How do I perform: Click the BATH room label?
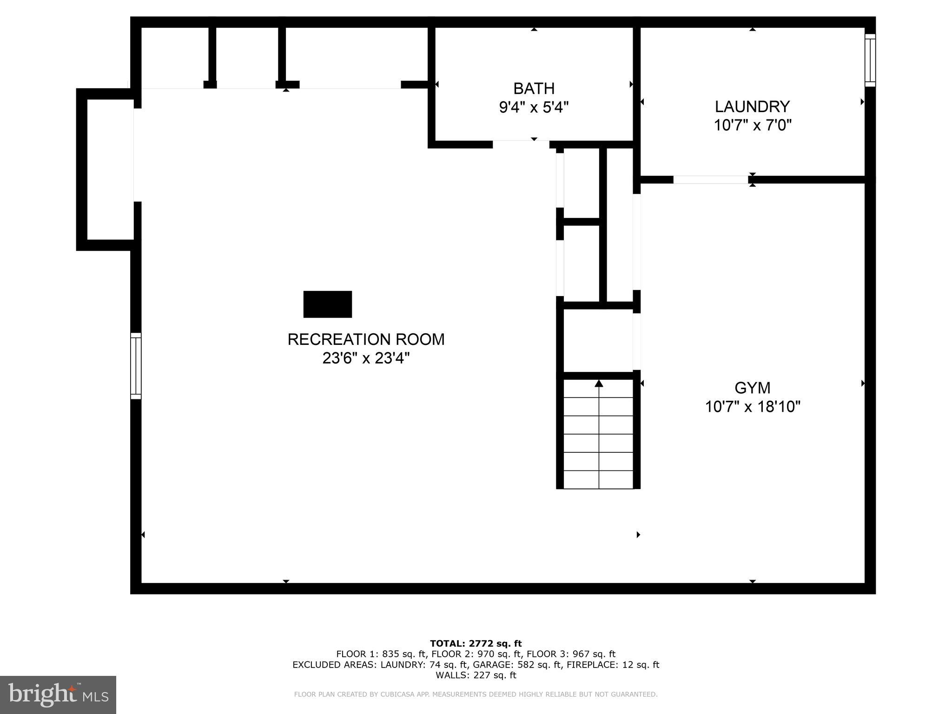(534, 88)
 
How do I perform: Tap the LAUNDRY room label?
(752, 106)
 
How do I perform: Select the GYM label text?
(752, 388)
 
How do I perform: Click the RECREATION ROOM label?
(366, 339)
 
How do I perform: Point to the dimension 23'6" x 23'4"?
(366, 358)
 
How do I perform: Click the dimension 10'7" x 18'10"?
(752, 407)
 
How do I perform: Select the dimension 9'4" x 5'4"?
(534, 108)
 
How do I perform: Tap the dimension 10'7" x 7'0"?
(752, 126)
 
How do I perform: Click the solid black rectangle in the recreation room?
(327, 304)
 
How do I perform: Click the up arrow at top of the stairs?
(599, 383)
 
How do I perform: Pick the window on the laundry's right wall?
(870, 60)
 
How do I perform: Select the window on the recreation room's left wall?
(136, 366)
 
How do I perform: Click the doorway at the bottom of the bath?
(521, 144)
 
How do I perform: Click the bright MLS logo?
(58, 694)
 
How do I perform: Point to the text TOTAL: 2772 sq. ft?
(476, 643)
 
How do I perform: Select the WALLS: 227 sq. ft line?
(476, 675)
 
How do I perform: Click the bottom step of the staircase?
(599, 480)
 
